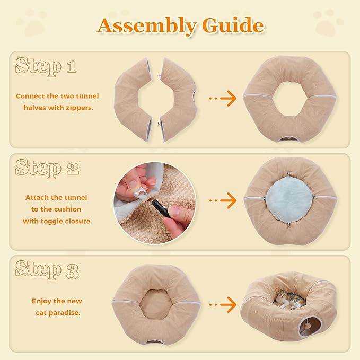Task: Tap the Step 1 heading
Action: click(x=46, y=66)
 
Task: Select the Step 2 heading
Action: click(x=47, y=168)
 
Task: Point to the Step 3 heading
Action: click(x=47, y=270)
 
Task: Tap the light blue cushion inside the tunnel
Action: click(x=290, y=199)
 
